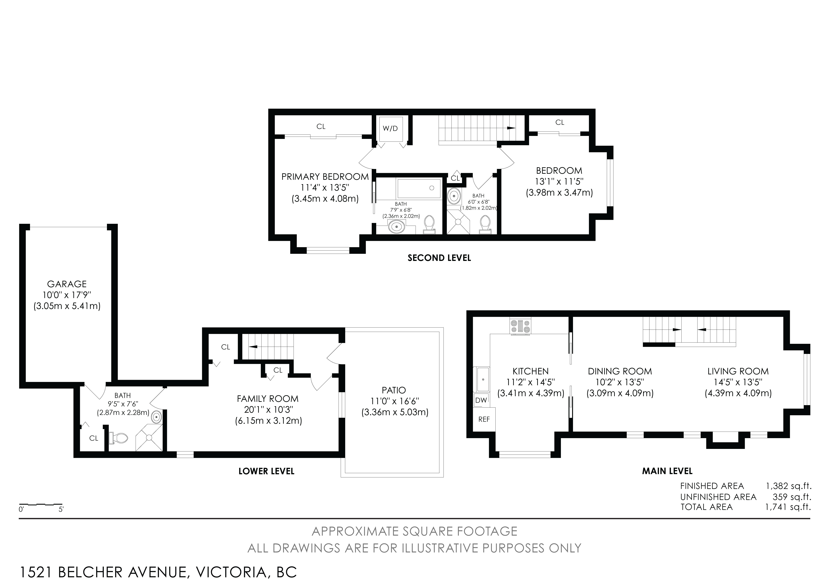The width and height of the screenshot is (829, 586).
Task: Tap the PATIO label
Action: (x=394, y=390)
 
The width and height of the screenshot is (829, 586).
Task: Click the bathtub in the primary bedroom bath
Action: (x=419, y=188)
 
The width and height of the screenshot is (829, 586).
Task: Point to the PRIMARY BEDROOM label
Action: (x=325, y=177)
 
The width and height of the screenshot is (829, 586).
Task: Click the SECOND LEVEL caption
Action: (x=439, y=258)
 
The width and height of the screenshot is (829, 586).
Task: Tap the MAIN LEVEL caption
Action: (x=667, y=471)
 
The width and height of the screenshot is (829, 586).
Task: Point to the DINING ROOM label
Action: (x=620, y=371)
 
